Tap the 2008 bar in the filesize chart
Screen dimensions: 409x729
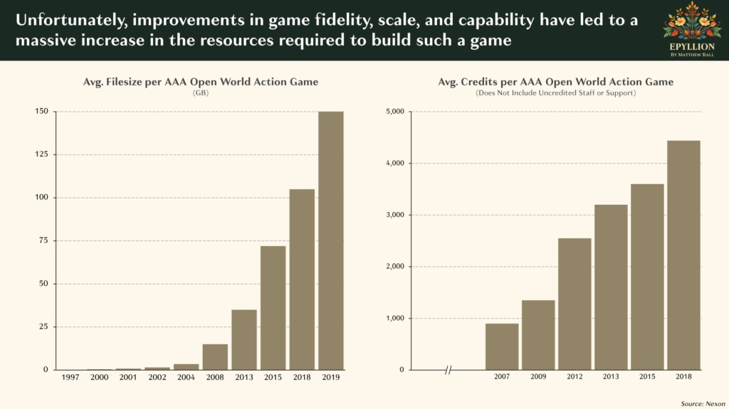[215, 356]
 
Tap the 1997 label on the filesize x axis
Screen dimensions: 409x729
[71, 377]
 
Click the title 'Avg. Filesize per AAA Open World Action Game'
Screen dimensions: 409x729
[201, 83]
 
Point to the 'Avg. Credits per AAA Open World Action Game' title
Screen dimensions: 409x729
[555, 83]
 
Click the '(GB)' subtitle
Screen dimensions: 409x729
[201, 93]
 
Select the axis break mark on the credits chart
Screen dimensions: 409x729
[449, 370]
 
